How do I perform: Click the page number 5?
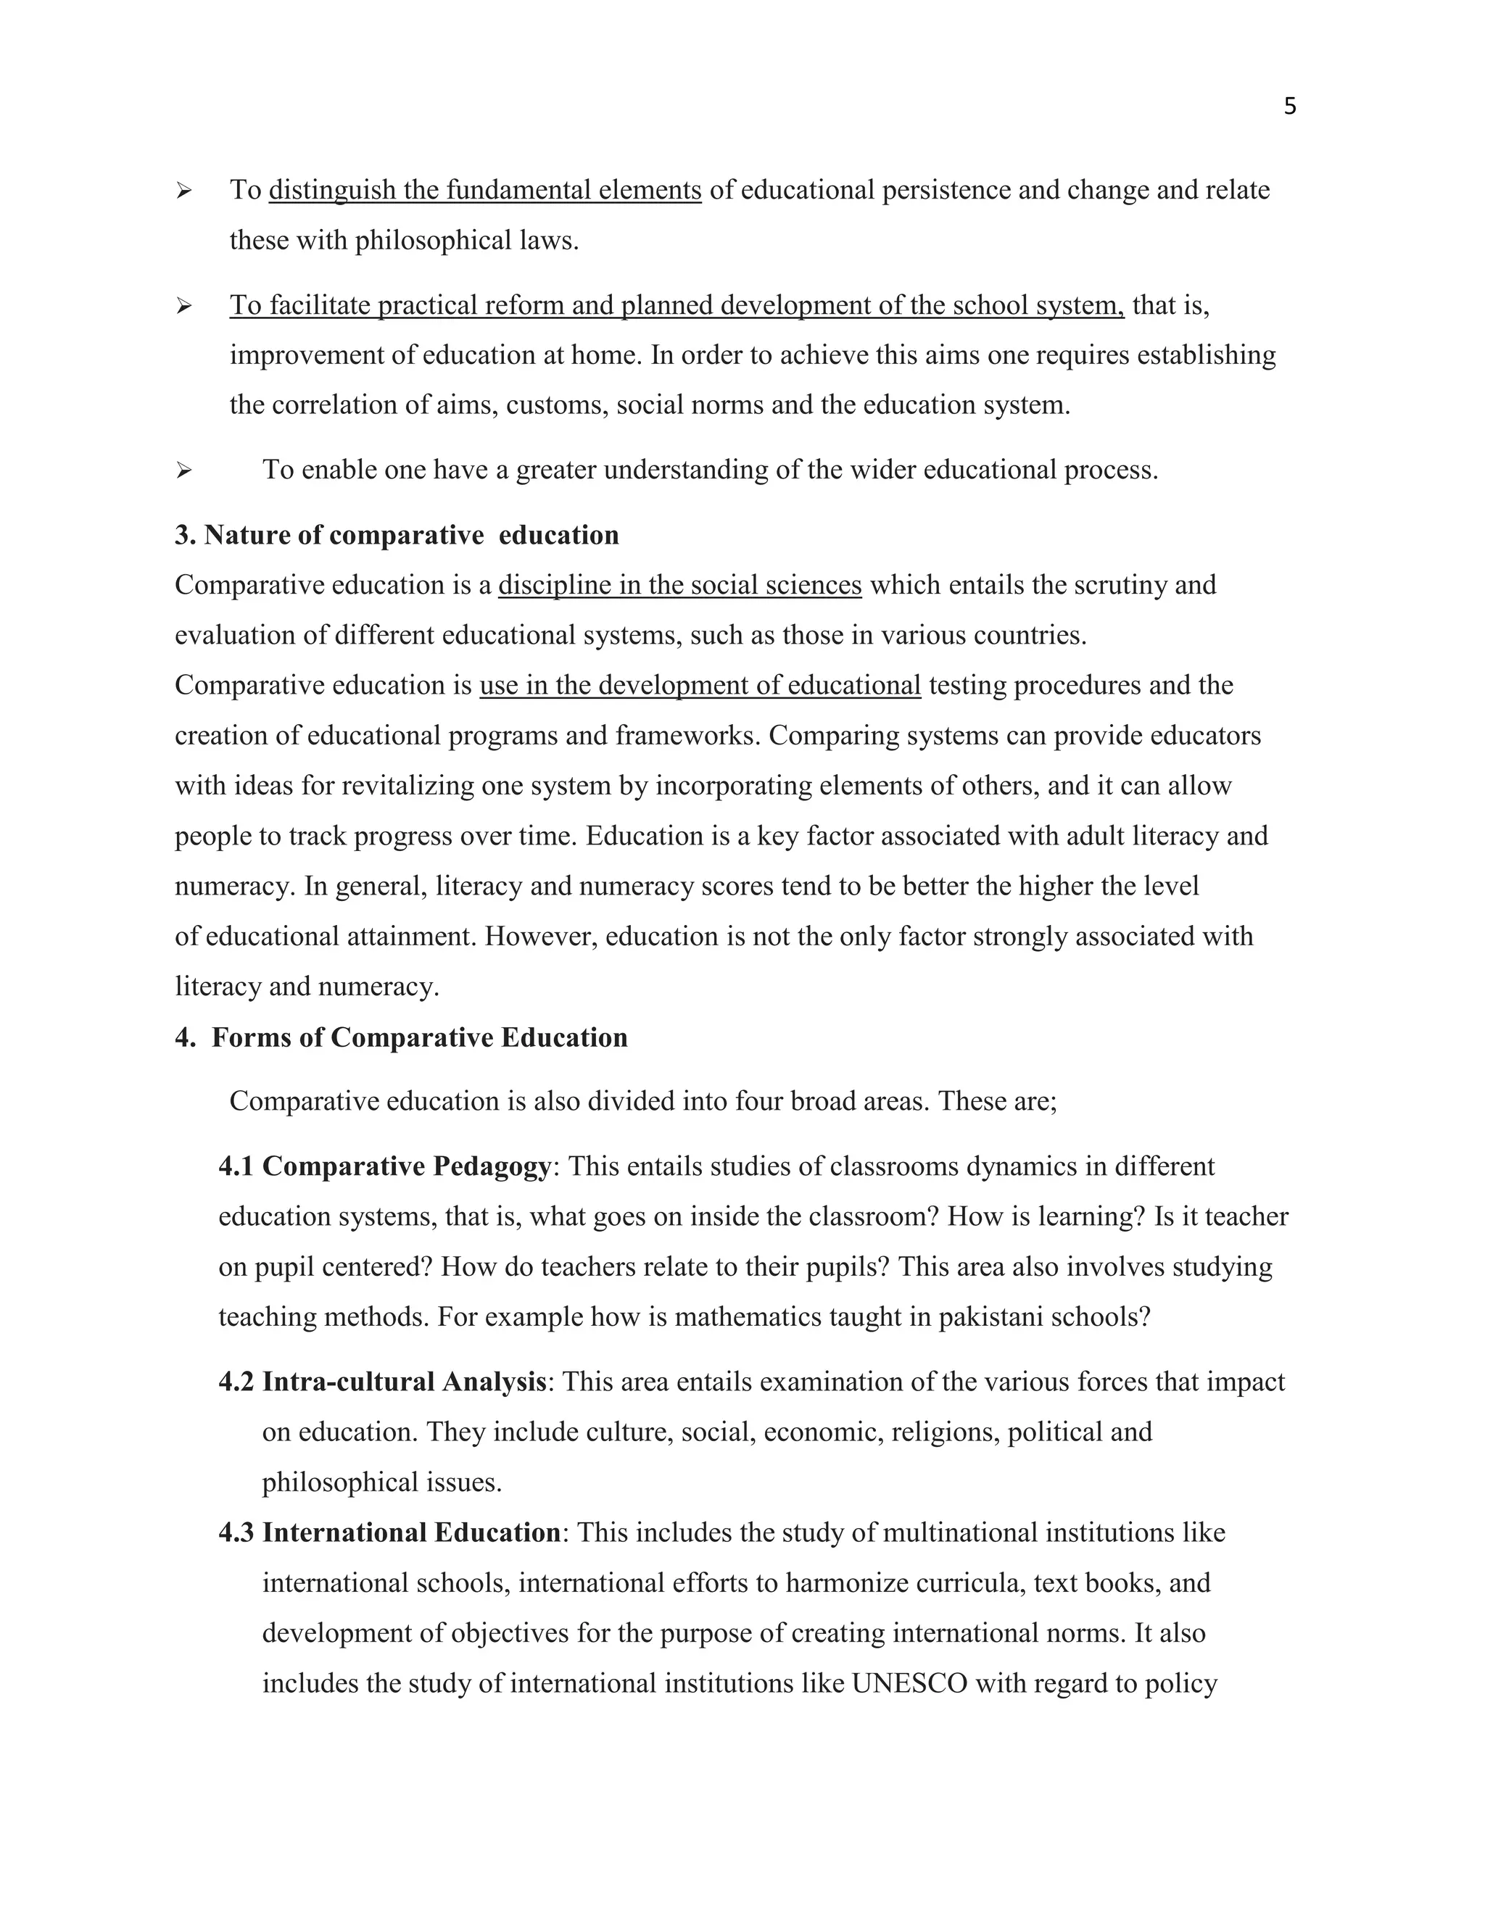tap(1290, 107)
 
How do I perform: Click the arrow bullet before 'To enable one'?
tap(183, 470)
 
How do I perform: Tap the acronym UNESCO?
tap(910, 1683)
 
